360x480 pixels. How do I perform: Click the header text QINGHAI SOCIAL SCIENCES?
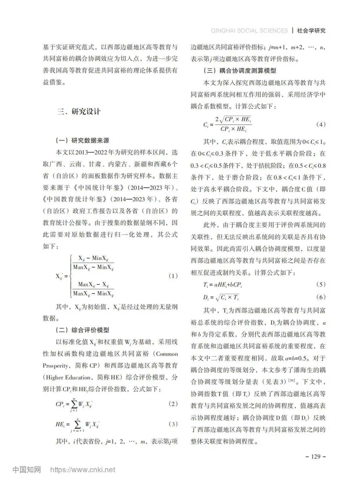(x=249, y=31)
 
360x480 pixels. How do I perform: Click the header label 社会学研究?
(x=311, y=31)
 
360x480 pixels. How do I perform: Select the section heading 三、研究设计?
(x=78, y=112)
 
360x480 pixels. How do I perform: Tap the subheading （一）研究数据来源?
(x=82, y=141)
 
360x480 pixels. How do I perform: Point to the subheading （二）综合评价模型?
(x=82, y=330)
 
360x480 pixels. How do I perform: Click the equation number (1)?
(x=173, y=276)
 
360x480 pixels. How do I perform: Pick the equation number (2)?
(x=173, y=404)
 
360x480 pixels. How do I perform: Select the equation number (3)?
(x=173, y=424)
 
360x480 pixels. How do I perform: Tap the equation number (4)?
(x=320, y=124)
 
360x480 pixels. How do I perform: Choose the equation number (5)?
(x=320, y=284)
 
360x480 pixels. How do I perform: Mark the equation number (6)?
(x=320, y=297)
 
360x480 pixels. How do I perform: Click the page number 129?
(x=315, y=456)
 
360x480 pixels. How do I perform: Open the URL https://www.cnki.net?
(x=82, y=470)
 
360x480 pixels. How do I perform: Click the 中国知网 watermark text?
(x=27, y=470)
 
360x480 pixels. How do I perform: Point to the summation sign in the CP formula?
(x=74, y=404)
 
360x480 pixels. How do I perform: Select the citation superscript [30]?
(x=291, y=380)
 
